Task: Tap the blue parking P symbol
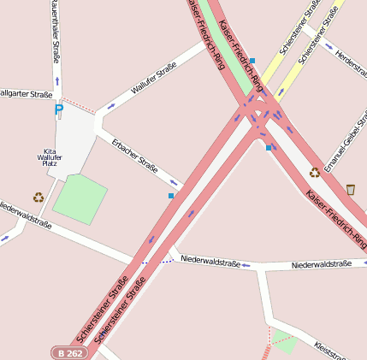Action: click(x=58, y=109)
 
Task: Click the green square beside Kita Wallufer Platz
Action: click(x=80, y=198)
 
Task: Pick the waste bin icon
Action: click(x=351, y=188)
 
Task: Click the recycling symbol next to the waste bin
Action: click(x=315, y=172)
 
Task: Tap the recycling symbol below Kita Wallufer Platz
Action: click(x=38, y=198)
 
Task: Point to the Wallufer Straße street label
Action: click(x=154, y=77)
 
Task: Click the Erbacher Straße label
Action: click(x=134, y=155)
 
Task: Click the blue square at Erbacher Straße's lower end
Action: click(x=171, y=196)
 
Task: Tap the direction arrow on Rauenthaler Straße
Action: click(x=57, y=81)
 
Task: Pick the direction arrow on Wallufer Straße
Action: click(x=112, y=106)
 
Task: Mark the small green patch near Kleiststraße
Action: click(x=285, y=343)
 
